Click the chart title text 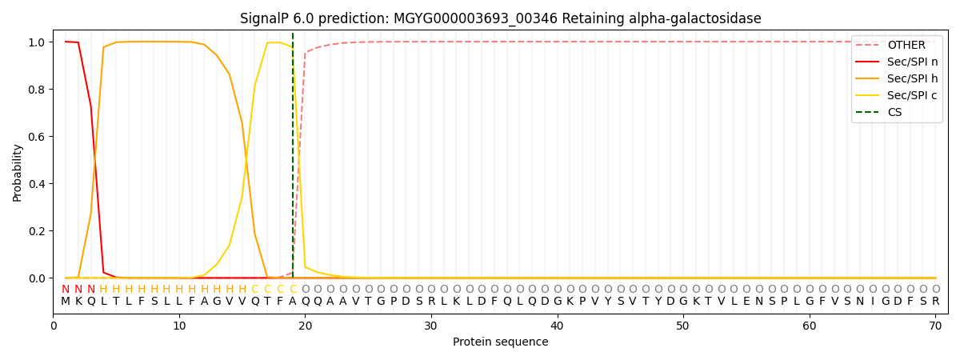500,18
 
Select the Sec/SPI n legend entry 912,62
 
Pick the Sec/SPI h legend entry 912,79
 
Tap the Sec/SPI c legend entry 912,96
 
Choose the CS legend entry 894,113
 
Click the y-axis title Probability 18,172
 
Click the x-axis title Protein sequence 500,342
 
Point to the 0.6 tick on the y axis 39,137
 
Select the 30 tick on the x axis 431,326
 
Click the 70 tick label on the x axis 935,326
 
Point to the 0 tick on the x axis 54,326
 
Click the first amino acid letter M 66,302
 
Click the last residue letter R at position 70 935,302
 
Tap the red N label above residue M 66,290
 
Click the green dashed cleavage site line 293,160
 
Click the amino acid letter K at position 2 78,302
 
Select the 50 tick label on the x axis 683,326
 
